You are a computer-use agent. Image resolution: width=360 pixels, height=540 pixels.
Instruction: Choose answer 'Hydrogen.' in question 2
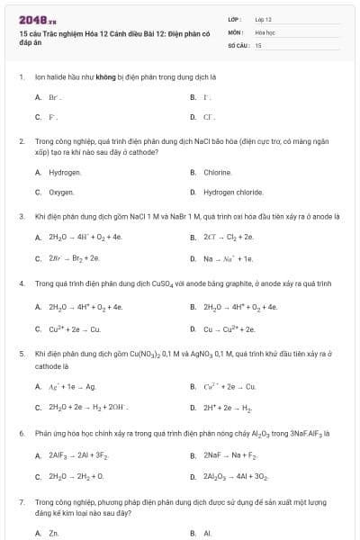pos(65,172)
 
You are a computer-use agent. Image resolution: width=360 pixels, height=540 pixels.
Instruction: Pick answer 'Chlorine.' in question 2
pos(218,172)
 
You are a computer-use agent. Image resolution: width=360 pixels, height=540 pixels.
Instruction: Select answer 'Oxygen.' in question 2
pos(61,192)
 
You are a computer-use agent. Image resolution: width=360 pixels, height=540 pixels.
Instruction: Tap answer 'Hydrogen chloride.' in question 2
pos(233,192)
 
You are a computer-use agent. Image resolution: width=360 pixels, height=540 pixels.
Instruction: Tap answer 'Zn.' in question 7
pos(53,533)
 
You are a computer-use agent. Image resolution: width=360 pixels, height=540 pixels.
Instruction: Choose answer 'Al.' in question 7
pos(207,533)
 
